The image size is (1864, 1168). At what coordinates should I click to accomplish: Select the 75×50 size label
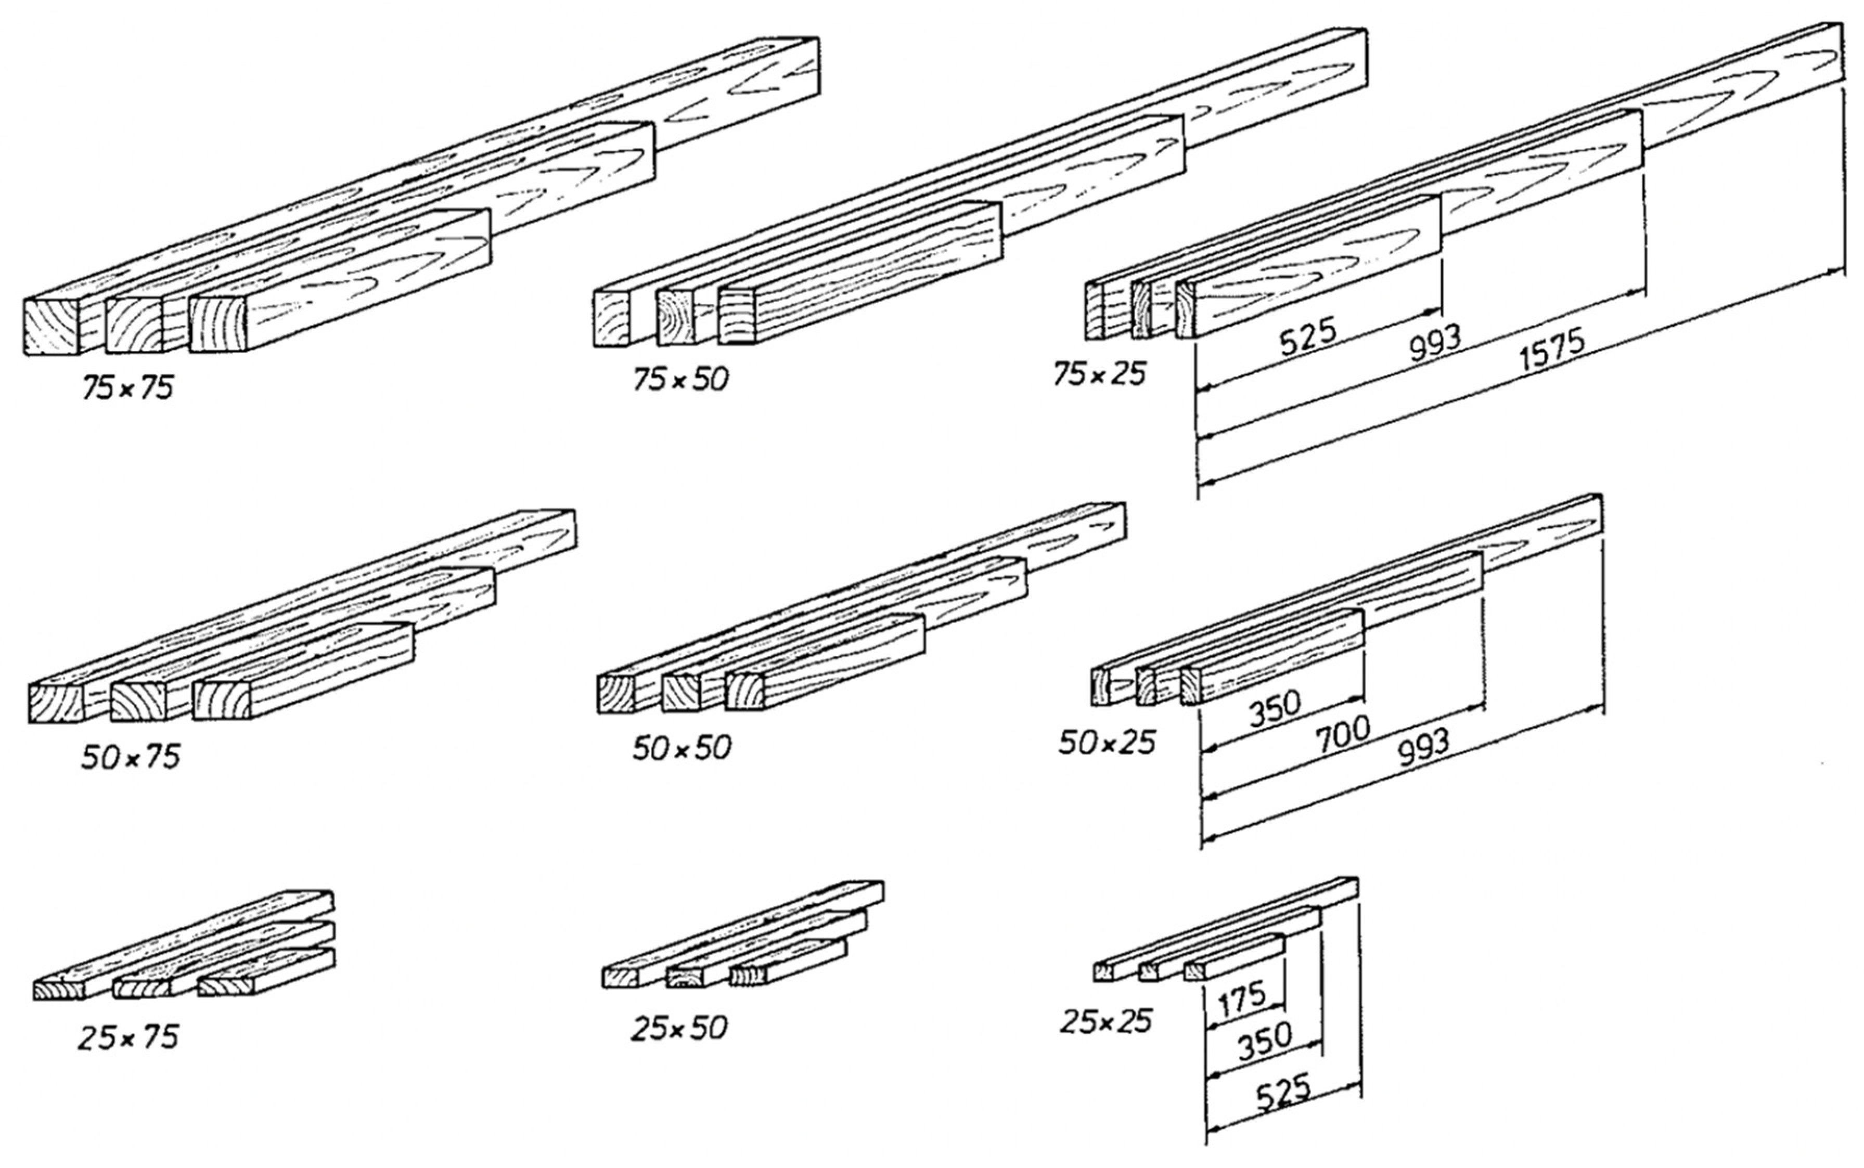click(x=680, y=379)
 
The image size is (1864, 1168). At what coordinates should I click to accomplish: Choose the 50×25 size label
click(x=1106, y=743)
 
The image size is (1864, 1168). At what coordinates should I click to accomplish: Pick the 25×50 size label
click(x=678, y=1028)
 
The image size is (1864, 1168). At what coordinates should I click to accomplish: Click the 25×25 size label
click(x=1105, y=1022)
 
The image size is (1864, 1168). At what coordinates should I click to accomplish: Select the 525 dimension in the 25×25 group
click(x=1283, y=1094)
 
